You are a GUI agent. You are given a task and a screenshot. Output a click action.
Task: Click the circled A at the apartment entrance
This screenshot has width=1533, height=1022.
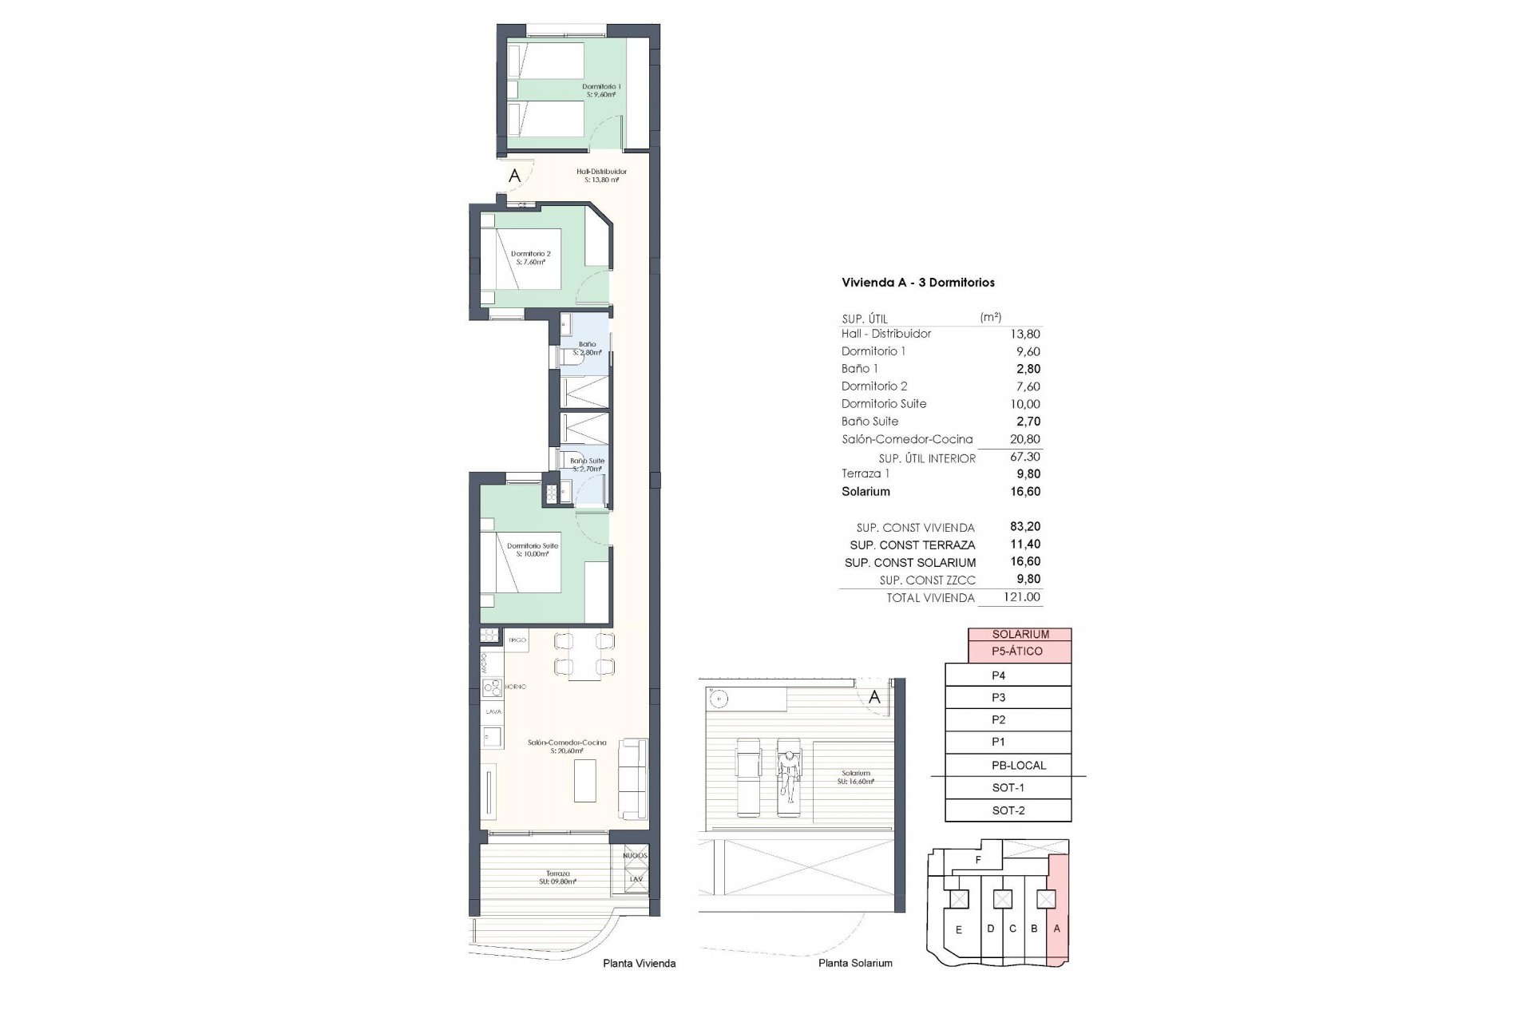pos(515,176)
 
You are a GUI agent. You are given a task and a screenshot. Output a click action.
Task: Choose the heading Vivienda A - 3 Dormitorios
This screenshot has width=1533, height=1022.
pos(918,283)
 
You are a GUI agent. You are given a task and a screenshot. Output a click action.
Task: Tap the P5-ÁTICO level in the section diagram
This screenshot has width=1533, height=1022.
pos(1017,652)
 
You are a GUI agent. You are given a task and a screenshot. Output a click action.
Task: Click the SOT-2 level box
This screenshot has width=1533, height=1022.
pos(1008,810)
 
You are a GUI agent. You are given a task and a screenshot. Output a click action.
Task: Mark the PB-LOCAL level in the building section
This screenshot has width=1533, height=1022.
pos(1017,765)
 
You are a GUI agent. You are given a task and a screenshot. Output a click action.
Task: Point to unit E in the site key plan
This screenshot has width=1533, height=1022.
pos(959,929)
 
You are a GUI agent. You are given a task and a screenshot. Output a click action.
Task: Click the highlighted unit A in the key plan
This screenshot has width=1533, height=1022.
pos(1057,929)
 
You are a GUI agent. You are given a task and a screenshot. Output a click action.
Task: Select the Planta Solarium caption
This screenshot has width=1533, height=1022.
pos(855,963)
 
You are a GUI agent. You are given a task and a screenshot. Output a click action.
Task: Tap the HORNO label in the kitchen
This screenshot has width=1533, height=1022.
pos(515,687)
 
